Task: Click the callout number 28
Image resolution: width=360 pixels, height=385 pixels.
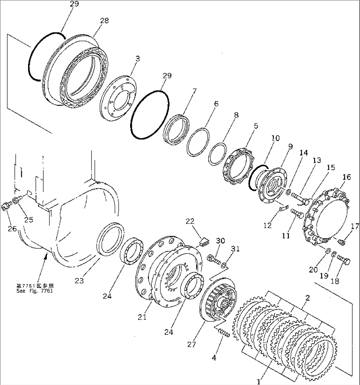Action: coord(104,21)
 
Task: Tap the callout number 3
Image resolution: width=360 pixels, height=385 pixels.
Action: coord(137,59)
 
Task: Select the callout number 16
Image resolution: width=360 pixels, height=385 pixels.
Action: coord(346,177)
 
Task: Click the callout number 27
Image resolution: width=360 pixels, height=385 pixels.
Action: coord(192,344)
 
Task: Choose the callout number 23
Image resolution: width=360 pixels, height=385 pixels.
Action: coord(79,281)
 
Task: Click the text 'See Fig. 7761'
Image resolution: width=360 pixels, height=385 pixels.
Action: coord(34,291)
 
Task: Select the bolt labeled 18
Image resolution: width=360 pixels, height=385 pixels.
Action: coord(344,262)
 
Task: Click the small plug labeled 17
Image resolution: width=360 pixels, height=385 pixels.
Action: coord(342,243)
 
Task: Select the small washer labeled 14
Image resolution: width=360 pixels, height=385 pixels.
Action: coord(288,192)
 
